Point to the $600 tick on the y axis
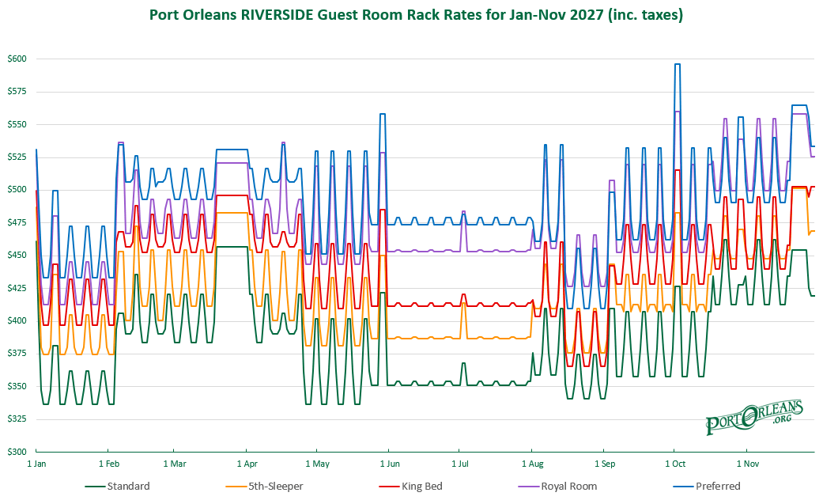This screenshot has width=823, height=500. (17, 59)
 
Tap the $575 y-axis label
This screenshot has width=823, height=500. (17, 92)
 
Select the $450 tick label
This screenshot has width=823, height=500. (17, 256)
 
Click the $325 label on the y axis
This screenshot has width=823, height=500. (17, 419)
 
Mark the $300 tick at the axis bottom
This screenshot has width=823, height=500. (17, 452)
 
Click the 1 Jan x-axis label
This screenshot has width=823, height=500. (36, 464)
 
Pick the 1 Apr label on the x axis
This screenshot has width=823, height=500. (247, 464)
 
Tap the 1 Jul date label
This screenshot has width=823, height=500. (460, 464)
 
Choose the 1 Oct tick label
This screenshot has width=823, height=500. (675, 464)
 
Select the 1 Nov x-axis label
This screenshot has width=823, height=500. (747, 464)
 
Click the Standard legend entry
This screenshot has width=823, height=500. (118, 487)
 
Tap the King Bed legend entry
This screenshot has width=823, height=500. (411, 487)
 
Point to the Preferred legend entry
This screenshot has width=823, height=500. (707, 487)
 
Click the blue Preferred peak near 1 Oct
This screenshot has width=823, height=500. (678, 64)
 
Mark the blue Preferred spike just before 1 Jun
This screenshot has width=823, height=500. (383, 114)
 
